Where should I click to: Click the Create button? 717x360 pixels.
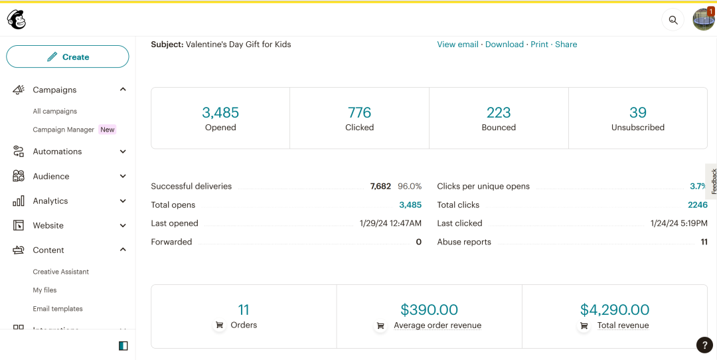(x=68, y=57)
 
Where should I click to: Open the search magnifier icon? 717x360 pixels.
(x=673, y=20)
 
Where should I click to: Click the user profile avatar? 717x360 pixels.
(x=703, y=20)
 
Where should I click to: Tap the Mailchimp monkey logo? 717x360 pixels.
(x=17, y=20)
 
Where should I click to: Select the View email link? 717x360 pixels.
(x=457, y=45)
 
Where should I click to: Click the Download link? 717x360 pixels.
(x=505, y=45)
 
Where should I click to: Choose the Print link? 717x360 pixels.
(x=539, y=45)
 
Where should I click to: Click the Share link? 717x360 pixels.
(x=566, y=45)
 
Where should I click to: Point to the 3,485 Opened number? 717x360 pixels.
(x=220, y=112)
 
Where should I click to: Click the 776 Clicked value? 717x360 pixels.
(x=359, y=112)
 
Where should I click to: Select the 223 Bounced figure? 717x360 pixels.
(x=499, y=112)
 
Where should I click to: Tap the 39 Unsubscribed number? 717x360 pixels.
(x=638, y=112)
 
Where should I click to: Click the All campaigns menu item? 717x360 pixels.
(x=55, y=112)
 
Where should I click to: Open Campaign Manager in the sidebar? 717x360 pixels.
(x=64, y=130)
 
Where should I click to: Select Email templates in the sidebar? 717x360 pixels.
(x=58, y=309)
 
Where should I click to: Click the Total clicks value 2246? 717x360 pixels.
(x=698, y=205)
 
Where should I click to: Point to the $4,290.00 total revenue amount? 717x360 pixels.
(x=615, y=310)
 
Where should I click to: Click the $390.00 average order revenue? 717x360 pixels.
(x=429, y=310)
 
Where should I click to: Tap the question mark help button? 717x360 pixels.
(x=704, y=345)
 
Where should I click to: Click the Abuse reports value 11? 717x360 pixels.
(x=704, y=242)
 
